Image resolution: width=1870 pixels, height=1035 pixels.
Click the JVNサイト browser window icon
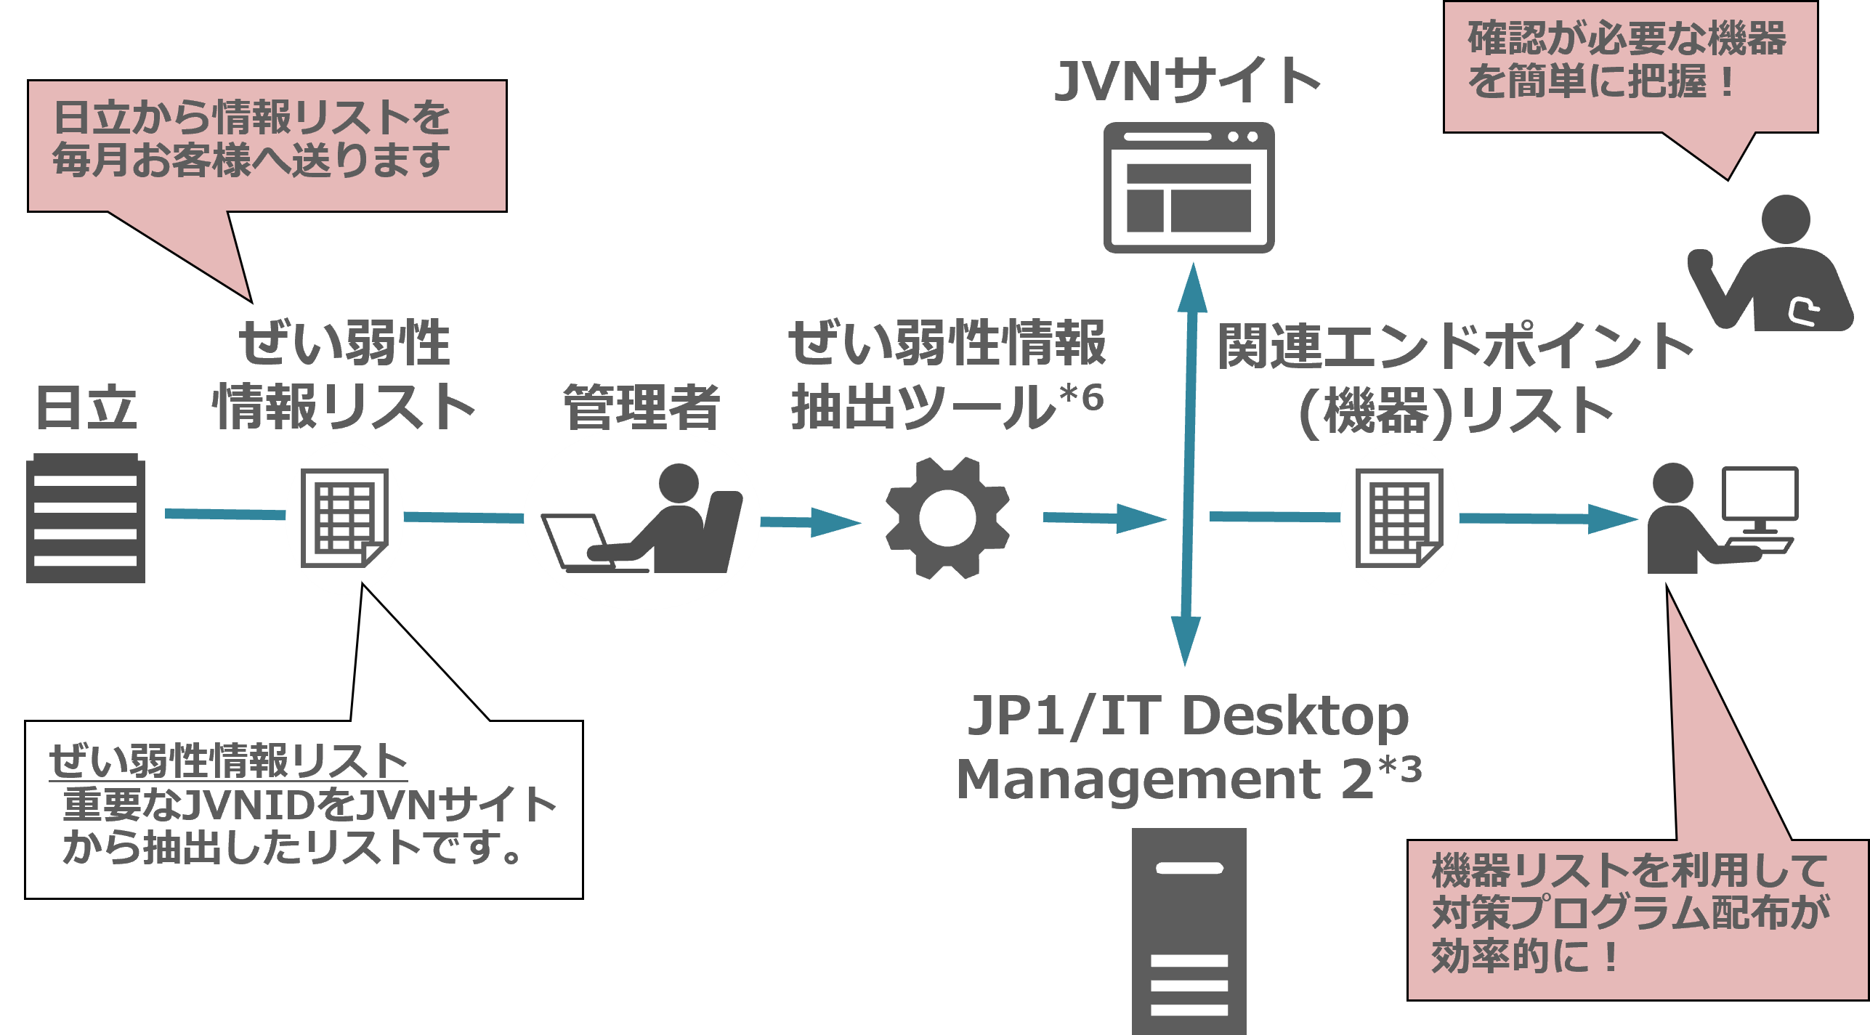pos(1189,187)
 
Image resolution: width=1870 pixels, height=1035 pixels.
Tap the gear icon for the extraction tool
pos(947,518)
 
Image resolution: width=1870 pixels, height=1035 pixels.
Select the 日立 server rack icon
pos(86,518)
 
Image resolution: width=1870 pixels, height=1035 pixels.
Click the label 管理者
pos(641,407)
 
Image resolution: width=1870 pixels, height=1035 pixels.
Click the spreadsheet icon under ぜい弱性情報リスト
pos(344,518)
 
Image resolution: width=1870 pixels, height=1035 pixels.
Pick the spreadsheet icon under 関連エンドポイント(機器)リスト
pos(1399,518)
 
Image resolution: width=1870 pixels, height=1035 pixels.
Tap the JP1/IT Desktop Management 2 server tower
pos(1189,930)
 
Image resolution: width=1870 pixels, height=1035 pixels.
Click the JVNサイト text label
pos(1187,81)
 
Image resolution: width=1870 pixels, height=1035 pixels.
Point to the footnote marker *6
pos(1082,397)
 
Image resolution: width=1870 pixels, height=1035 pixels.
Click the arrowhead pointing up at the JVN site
pos(1192,287)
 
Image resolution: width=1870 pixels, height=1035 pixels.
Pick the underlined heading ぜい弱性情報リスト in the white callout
pos(228,761)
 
